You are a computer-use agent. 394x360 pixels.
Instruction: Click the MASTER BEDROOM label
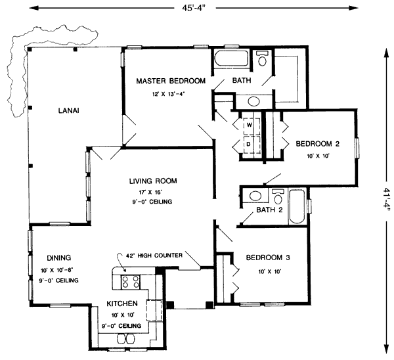pyautogui.click(x=170, y=81)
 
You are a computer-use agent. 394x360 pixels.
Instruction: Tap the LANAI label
pyautogui.click(x=68, y=110)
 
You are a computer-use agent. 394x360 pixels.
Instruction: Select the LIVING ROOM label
pyautogui.click(x=152, y=180)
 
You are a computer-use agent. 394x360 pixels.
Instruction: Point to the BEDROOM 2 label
pyautogui.click(x=317, y=144)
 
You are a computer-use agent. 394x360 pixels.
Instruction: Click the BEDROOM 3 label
pyautogui.click(x=268, y=257)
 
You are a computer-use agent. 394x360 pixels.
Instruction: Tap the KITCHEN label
pyautogui.click(x=122, y=304)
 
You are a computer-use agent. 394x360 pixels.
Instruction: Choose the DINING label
pyautogui.click(x=58, y=258)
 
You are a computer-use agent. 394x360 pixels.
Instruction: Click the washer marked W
pyautogui.click(x=250, y=124)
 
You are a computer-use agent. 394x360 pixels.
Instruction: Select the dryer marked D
pyautogui.click(x=250, y=143)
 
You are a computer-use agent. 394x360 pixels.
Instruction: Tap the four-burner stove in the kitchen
pyautogui.click(x=129, y=281)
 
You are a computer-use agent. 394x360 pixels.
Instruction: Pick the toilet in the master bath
pyautogui.click(x=263, y=60)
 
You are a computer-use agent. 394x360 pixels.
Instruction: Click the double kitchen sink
pyautogui.click(x=125, y=338)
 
